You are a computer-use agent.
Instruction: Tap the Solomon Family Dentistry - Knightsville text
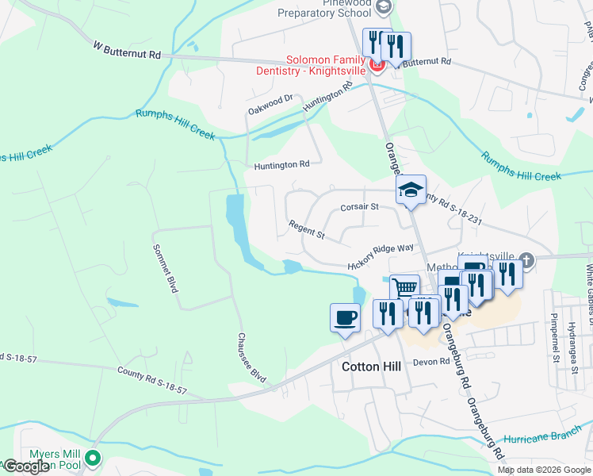326,65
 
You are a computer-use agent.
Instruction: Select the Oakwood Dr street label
270,103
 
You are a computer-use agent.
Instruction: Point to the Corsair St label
361,207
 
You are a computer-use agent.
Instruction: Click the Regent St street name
307,231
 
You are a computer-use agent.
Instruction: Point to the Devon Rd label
431,362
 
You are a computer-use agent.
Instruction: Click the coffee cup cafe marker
345,317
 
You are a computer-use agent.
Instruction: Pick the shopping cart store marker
404,287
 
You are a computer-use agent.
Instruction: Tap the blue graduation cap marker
411,190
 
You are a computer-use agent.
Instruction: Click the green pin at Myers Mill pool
94,458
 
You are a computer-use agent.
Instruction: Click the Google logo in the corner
25,466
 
